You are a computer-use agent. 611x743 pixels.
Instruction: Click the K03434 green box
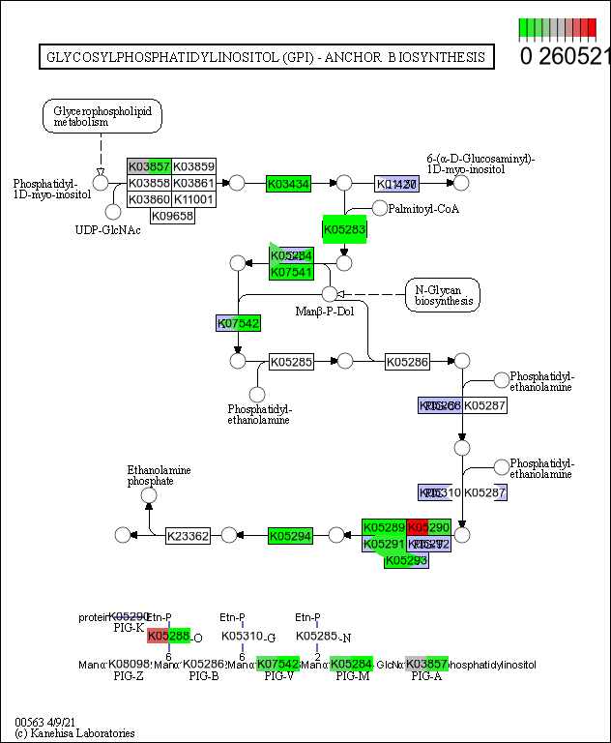pos(288,183)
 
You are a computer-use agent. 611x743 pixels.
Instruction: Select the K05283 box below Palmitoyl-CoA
pos(344,230)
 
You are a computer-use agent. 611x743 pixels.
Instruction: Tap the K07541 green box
pos(290,272)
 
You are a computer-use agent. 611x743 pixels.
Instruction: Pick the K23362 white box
pos(188,535)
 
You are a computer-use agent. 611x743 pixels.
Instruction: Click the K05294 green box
pos(290,535)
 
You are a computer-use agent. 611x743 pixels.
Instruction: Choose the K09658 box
pos(172,216)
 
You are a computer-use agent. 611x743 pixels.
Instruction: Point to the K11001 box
pos(193,199)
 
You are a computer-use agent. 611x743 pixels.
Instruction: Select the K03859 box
pos(193,166)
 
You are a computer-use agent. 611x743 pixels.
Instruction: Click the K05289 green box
pos(383,527)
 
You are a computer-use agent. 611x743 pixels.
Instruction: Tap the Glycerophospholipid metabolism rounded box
pos(102,117)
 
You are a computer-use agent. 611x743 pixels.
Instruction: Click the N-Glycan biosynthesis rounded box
pos(442,294)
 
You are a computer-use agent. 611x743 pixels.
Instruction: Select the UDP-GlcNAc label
pos(108,229)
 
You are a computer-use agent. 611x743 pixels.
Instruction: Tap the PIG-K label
pos(129,628)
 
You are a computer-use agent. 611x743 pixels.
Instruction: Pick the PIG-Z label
pos(129,675)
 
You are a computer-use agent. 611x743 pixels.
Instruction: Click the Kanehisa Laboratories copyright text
pos(74,733)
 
